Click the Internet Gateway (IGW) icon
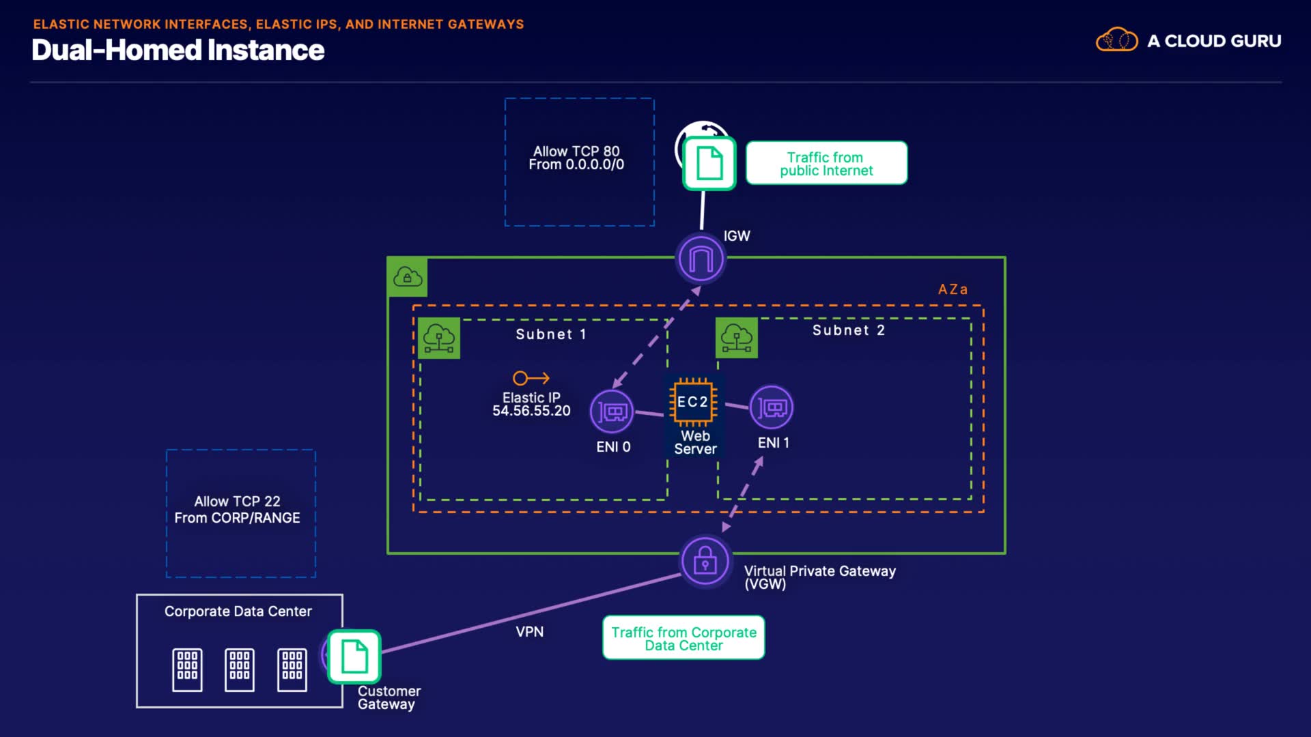(701, 259)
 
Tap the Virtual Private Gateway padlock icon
(705, 562)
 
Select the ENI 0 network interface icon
(612, 411)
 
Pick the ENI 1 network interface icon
(772, 408)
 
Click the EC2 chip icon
(693, 402)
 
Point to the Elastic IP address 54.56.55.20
(531, 411)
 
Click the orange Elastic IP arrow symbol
(531, 378)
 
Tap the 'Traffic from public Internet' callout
(826, 163)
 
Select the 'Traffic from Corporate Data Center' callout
(683, 638)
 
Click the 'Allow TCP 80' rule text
(576, 151)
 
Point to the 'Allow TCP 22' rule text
(237, 502)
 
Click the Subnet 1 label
(550, 334)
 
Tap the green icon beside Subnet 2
(737, 338)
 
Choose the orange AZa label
(953, 289)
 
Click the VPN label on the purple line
(530, 632)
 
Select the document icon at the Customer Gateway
(354, 656)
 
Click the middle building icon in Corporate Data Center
(240, 669)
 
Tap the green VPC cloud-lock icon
(408, 277)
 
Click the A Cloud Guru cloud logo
(1116, 40)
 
